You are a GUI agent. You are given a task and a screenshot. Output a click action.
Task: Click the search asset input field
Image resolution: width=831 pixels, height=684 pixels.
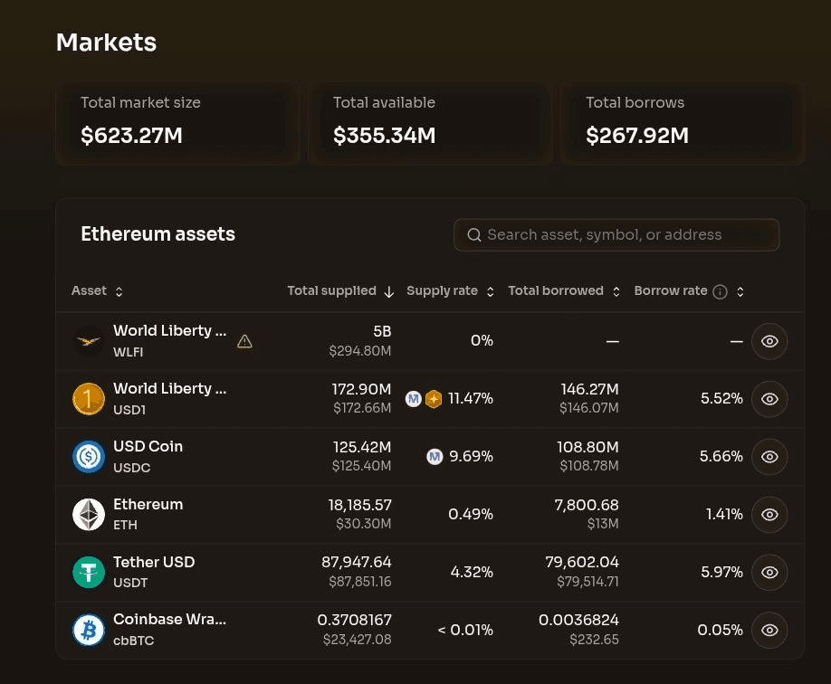point(616,234)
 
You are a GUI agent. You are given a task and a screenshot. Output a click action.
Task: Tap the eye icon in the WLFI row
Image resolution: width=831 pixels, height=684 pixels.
point(769,341)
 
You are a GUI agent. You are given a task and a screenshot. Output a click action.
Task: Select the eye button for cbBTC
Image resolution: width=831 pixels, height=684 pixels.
point(769,630)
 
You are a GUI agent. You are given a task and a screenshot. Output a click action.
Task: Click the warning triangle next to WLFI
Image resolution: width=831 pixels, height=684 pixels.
point(244,341)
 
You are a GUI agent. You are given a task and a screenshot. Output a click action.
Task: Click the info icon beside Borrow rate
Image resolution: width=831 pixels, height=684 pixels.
point(720,291)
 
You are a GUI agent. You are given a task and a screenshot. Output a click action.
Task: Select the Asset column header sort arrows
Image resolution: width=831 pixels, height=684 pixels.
point(119,291)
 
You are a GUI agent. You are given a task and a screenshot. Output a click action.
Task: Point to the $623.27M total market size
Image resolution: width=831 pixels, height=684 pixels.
point(131,135)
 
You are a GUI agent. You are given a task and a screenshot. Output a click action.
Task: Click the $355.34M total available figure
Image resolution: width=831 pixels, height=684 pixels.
point(384,135)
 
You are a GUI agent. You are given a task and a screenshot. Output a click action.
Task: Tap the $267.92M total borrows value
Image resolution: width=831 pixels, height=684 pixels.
point(637,135)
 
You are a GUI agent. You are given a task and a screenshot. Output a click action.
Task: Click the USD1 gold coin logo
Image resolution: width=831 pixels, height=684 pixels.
point(89,399)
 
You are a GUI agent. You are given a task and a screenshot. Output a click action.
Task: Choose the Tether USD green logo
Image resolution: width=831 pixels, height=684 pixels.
point(89,572)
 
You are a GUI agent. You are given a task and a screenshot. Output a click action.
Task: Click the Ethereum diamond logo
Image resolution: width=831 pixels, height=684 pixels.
point(89,515)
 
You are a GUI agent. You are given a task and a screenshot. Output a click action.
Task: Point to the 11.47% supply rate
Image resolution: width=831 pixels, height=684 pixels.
point(471,398)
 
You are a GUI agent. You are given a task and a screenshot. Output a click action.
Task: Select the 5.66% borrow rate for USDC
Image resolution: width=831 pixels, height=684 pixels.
point(721,456)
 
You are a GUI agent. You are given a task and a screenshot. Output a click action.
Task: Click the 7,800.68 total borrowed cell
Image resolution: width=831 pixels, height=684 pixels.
point(587,505)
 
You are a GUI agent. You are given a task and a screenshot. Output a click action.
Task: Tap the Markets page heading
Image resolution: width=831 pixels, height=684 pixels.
point(107,43)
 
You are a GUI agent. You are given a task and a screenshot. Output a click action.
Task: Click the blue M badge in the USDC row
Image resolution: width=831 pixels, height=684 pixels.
point(435,456)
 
